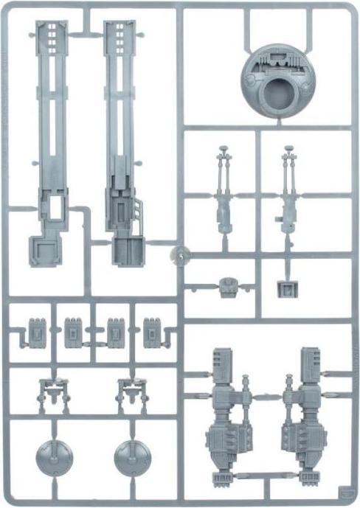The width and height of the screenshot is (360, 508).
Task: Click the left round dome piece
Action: click(53, 457)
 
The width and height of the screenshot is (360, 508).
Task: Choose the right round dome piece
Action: click(133, 457)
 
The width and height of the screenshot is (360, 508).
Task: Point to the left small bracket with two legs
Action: click(52, 394)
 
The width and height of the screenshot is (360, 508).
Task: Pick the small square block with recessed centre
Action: click(285, 288)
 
